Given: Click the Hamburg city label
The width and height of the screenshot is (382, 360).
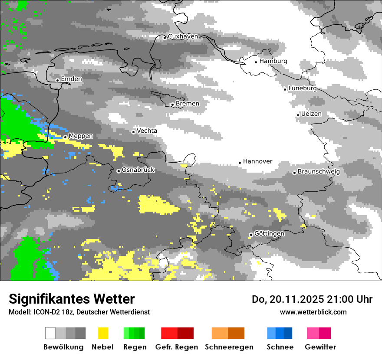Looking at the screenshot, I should pos(273,61).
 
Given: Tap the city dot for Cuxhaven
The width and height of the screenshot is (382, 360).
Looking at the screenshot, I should pos(165,38).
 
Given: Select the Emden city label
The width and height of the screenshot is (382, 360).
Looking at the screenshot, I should pos(71,79).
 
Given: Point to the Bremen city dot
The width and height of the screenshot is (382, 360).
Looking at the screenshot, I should pos(172,105).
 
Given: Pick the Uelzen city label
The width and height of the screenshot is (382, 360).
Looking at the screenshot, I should pos(311,114).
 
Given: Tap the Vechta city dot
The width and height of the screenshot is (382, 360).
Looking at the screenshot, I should pos(133,132).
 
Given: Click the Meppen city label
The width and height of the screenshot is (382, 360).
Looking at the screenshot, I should pos(81,136).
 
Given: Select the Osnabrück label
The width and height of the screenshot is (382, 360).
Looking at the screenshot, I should pos(138,170).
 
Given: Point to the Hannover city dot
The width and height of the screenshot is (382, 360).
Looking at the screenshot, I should pos(240,163).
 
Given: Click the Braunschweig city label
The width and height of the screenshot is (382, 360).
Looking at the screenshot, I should pos(319,171).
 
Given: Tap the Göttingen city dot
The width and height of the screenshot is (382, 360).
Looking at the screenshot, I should pos(250,235).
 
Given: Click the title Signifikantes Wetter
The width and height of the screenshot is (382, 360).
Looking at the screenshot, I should pos(72,299).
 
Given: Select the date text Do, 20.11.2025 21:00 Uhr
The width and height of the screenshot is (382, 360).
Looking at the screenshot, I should pos(312,299).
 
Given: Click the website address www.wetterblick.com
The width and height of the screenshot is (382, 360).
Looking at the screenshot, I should pos(313,312).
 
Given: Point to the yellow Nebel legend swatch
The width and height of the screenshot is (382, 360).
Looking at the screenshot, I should pos(103,333).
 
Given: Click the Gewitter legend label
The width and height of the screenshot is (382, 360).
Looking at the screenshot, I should pos(320,347).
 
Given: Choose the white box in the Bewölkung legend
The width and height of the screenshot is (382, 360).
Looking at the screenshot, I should pos(50,333).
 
